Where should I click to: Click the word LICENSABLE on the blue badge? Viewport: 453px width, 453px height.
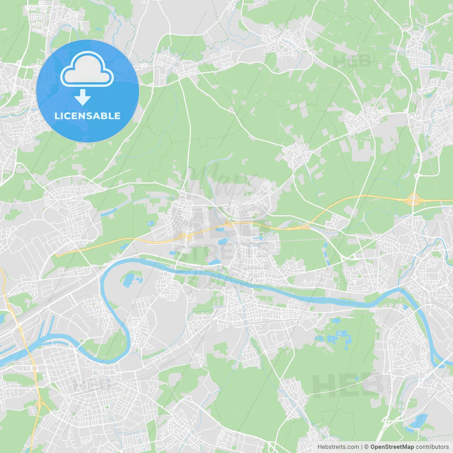click(x=87, y=116)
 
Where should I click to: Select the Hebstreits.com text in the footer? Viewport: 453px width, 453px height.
click(x=338, y=447)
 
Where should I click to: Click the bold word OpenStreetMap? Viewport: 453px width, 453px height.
click(x=392, y=447)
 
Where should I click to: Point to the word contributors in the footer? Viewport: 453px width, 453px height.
click(x=432, y=447)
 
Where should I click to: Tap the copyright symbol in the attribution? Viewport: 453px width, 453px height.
click(x=366, y=447)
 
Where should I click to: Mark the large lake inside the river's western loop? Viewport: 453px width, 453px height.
click(x=128, y=280)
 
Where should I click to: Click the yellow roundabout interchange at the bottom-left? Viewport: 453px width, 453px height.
click(x=39, y=403)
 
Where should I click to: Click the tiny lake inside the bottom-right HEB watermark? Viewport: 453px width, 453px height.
click(x=357, y=379)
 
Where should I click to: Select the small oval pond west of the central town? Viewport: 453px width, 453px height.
click(x=151, y=224)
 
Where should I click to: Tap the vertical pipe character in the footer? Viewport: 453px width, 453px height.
click(x=361, y=447)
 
